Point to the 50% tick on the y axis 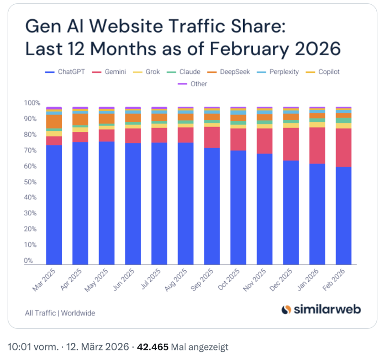click(31, 182)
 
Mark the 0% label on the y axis click(29, 261)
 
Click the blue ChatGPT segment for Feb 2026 click(344, 216)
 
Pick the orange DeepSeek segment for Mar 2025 click(54, 121)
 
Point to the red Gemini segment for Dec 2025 click(291, 144)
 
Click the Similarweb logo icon click(286, 310)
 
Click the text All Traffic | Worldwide click(60, 313)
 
